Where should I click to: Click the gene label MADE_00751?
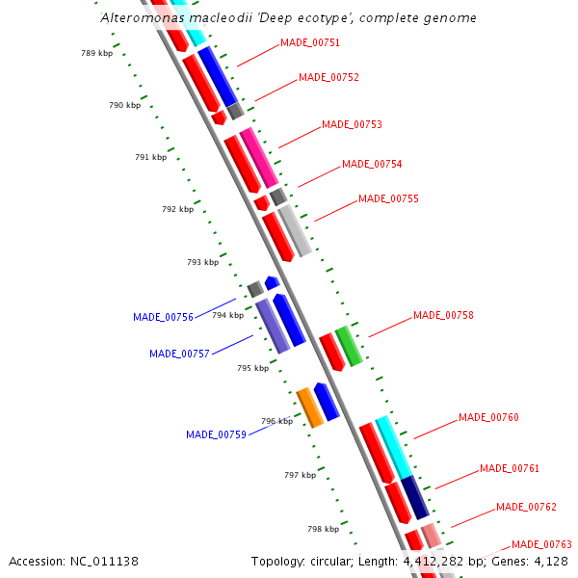coord(309,43)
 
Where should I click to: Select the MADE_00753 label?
coord(352,125)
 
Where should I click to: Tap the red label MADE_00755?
coord(388,199)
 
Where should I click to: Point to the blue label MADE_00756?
coord(163,317)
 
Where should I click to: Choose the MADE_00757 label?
coord(179,355)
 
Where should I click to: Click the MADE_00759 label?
coord(216,435)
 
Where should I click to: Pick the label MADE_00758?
coord(443,316)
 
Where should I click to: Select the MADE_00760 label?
coord(488,418)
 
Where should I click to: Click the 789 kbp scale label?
coord(96,54)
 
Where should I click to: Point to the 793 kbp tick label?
coord(202,262)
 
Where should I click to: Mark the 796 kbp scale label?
coord(276,421)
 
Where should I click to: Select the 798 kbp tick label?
coord(323,529)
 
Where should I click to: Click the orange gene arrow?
coord(309,407)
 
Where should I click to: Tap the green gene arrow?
coord(348,346)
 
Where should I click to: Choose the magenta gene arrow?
coord(259,157)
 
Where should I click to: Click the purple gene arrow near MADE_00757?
coord(272,326)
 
